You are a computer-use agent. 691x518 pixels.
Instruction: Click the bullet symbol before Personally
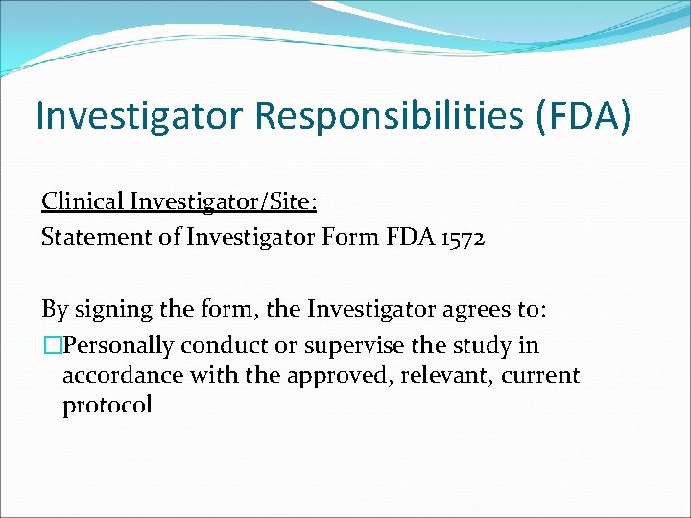coord(51,345)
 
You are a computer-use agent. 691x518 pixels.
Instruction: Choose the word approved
coord(325,375)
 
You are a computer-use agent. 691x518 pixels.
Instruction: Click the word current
coord(542,375)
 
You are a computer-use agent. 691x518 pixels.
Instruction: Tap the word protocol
coord(107,405)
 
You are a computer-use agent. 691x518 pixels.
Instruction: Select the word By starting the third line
coord(54,310)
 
